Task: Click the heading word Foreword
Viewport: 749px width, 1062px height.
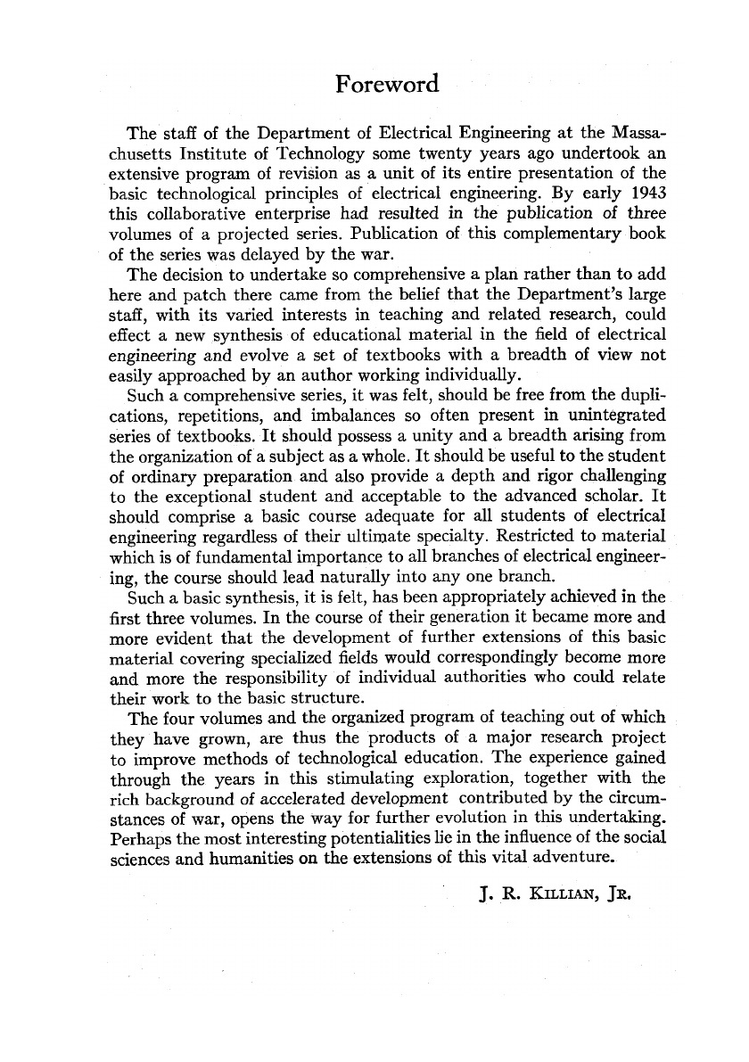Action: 388,85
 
